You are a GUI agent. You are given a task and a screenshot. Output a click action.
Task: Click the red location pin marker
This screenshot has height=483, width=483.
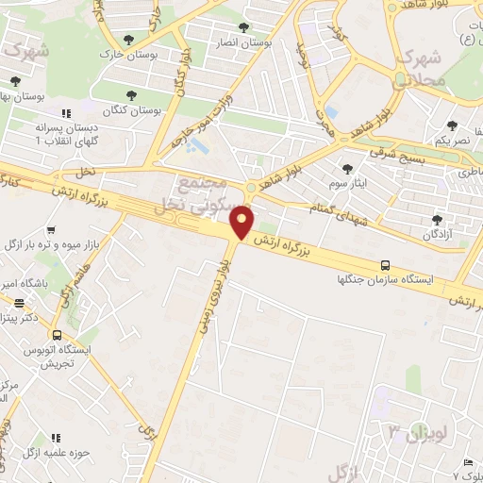click(x=243, y=223)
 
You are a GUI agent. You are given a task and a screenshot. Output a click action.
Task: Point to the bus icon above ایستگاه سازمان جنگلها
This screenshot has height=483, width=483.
click(x=384, y=266)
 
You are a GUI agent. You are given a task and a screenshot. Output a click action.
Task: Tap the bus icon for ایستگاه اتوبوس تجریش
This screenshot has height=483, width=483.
click(x=58, y=335)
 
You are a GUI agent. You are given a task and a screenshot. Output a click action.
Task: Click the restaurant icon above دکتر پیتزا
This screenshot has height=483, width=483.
click(x=20, y=304)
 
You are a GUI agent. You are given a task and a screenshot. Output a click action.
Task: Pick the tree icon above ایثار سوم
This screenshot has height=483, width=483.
click(x=348, y=169)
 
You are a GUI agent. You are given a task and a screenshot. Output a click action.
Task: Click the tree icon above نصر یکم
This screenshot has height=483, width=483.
click(x=452, y=125)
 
